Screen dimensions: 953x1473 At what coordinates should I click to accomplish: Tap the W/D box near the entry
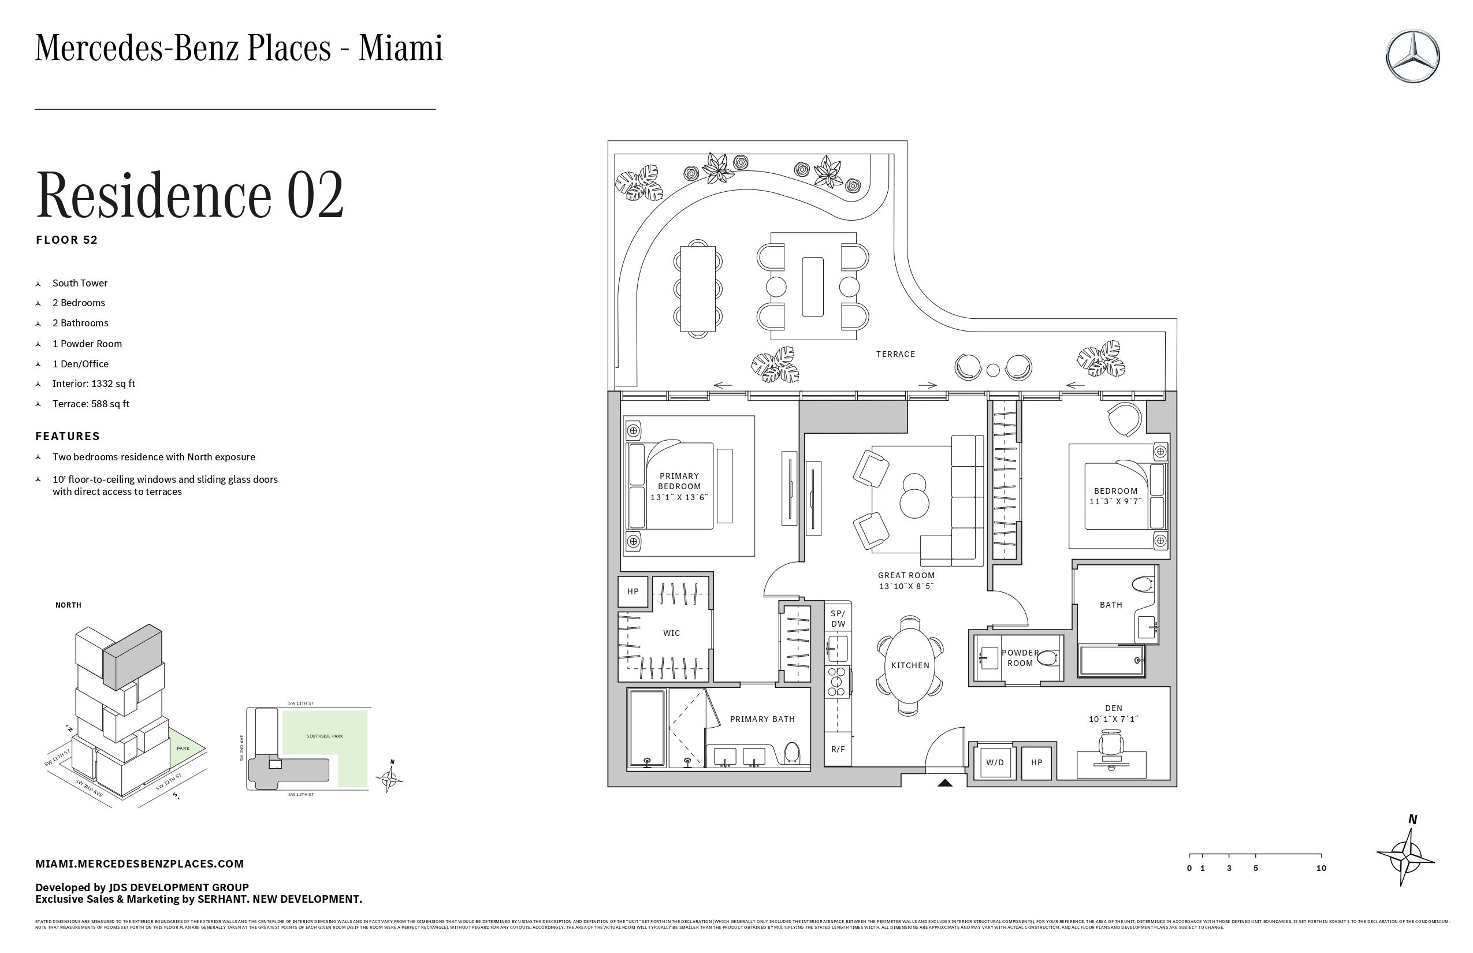[x=995, y=762]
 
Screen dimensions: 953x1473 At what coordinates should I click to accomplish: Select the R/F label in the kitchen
[x=838, y=750]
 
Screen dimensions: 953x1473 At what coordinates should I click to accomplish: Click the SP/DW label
[x=838, y=619]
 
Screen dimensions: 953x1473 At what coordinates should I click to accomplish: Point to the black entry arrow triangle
[x=944, y=783]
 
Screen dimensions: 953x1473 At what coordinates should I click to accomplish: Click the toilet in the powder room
[x=1047, y=658]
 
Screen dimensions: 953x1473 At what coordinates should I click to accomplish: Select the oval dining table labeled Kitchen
[x=910, y=665]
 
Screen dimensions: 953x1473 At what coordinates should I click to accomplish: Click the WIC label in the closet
[x=671, y=633]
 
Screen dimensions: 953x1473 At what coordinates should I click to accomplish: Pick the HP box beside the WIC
[x=633, y=591]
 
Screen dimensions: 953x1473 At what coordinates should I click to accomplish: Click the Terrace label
[x=895, y=354]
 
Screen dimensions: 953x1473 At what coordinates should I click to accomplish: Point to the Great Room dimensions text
[x=906, y=586]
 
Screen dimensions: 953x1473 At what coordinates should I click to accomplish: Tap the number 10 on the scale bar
[x=1321, y=868]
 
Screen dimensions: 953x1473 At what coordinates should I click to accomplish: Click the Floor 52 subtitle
[x=67, y=240]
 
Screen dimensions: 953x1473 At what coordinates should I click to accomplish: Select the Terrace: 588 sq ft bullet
[x=91, y=404]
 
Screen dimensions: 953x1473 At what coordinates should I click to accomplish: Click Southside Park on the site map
[x=324, y=736]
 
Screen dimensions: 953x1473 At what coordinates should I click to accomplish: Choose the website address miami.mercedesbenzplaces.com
[x=139, y=864]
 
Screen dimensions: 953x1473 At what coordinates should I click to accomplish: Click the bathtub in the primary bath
[x=648, y=728]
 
